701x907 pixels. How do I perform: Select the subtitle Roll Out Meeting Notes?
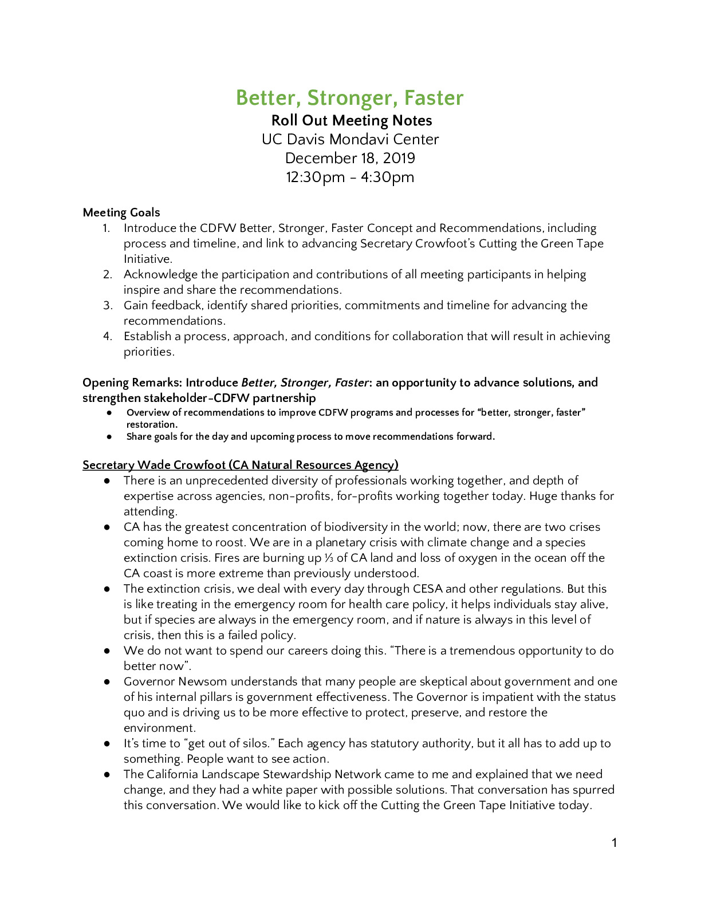coord(351,121)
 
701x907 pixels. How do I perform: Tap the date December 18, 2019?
coord(350,159)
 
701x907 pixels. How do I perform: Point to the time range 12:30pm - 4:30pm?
coord(350,178)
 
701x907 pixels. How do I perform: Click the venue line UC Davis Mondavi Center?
coord(350,140)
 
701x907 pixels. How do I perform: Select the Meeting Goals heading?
coord(121,213)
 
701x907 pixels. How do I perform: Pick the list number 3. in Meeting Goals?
coord(108,306)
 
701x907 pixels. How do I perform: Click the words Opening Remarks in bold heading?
coord(131,383)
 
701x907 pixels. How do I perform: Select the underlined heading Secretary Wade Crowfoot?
coord(241,466)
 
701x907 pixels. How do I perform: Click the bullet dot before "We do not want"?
coord(107,651)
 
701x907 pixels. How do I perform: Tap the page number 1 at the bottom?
coord(614,843)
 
